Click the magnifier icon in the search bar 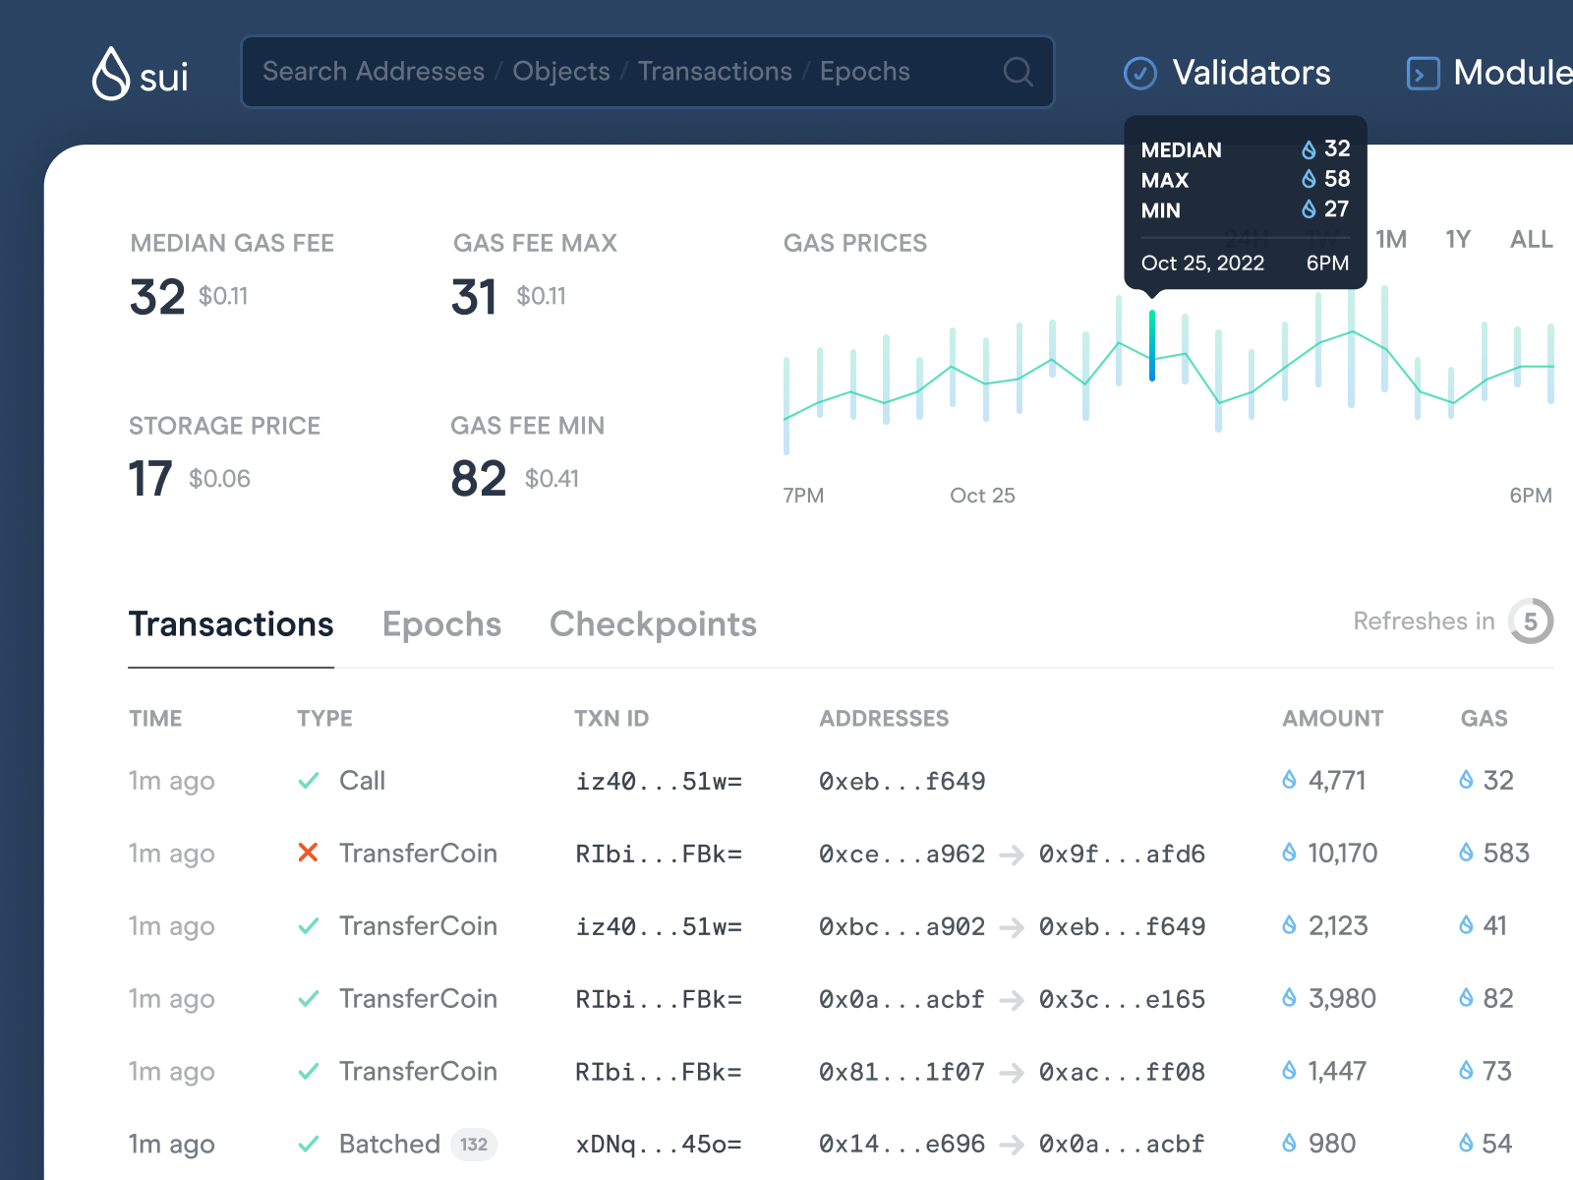[1018, 72]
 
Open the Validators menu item [1228, 73]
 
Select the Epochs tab [441, 624]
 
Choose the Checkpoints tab [653, 624]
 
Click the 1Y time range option [1457, 239]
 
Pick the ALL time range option [1531, 239]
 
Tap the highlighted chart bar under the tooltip [1152, 345]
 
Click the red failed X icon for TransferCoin [308, 853]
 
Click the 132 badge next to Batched [474, 1144]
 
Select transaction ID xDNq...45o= [658, 1144]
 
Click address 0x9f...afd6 [1122, 854]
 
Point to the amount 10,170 [1342, 853]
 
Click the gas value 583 [1505, 853]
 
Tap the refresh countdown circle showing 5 [1530, 621]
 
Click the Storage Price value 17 [150, 479]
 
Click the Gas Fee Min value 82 [478, 479]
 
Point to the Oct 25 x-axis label [982, 496]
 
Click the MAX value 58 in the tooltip [1336, 179]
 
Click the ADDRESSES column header [884, 719]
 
